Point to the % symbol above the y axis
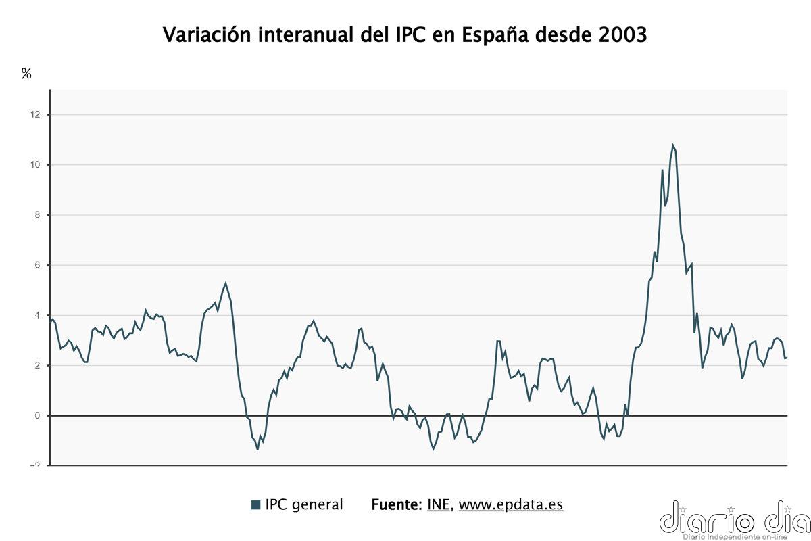point(26,74)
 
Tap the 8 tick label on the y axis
point(38,215)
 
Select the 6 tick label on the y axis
point(38,265)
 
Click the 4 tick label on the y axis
point(38,315)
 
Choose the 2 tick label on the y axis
point(38,365)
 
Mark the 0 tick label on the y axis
point(38,415)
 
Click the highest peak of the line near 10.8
point(673,145)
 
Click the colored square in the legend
point(255,505)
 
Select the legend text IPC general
point(303,504)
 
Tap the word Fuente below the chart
point(397,504)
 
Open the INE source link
point(439,504)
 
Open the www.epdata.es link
point(510,504)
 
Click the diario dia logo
point(735,519)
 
